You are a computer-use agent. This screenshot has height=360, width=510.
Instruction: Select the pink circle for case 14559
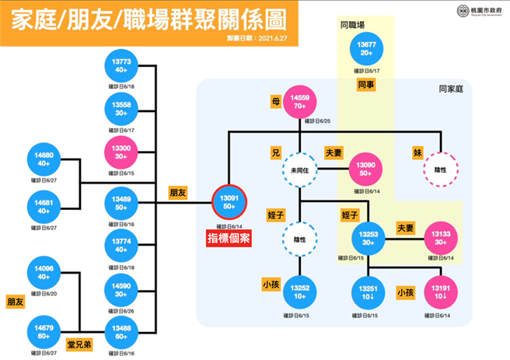pos(300,102)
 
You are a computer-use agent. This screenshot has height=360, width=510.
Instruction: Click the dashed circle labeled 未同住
pos(300,169)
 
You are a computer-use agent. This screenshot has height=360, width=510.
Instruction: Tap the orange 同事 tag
pos(366,84)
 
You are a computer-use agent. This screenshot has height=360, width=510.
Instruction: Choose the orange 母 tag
pos(274,102)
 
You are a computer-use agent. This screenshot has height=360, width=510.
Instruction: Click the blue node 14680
pos(45,159)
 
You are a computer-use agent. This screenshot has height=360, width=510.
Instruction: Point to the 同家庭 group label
pos(451,90)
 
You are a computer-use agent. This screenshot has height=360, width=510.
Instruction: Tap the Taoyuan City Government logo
pos(458,12)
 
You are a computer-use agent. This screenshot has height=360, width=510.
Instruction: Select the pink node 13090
pos(365,169)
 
